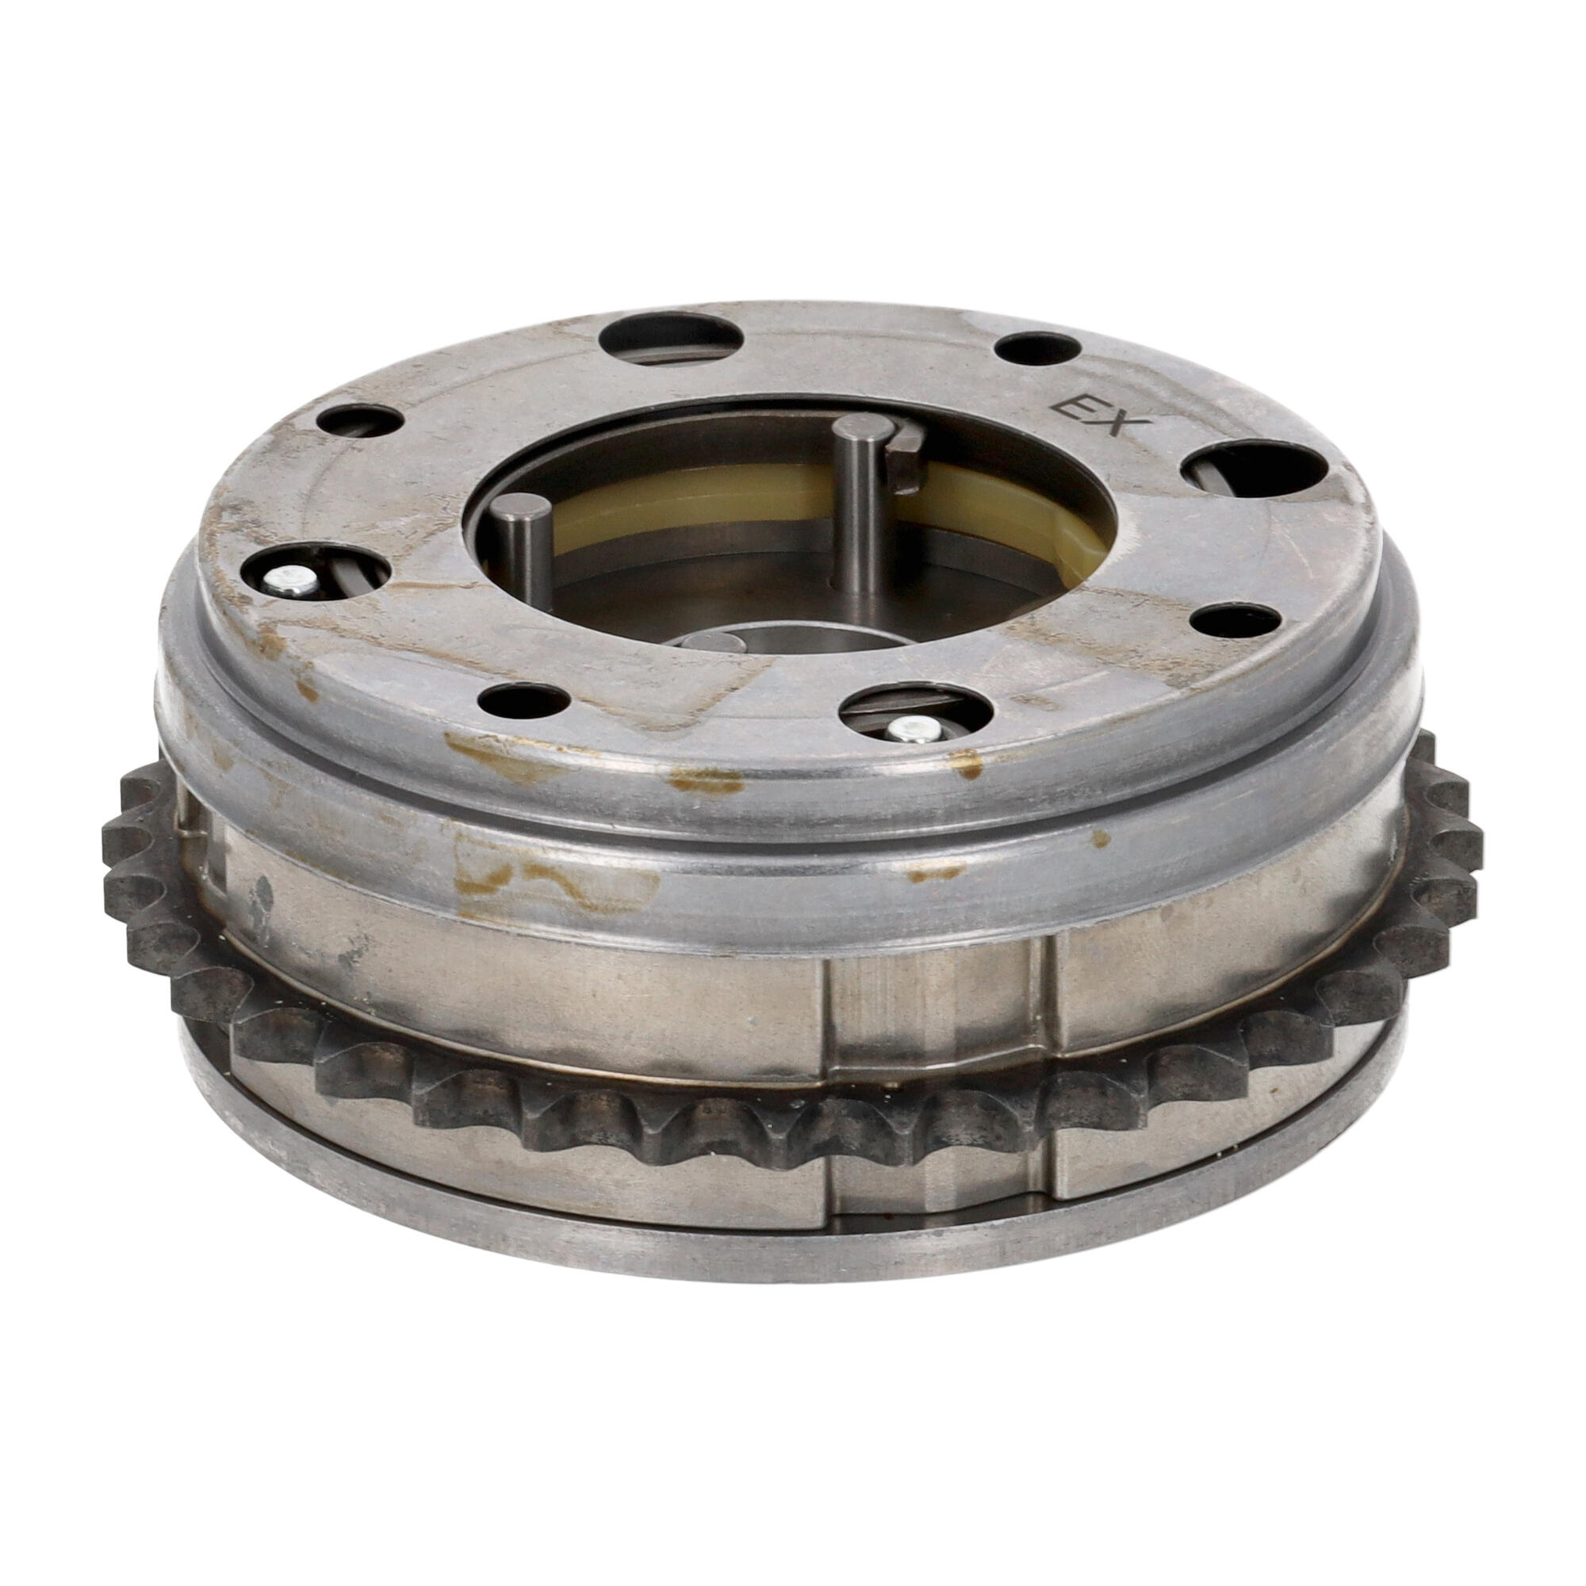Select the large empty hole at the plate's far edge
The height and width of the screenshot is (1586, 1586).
[671, 341]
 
